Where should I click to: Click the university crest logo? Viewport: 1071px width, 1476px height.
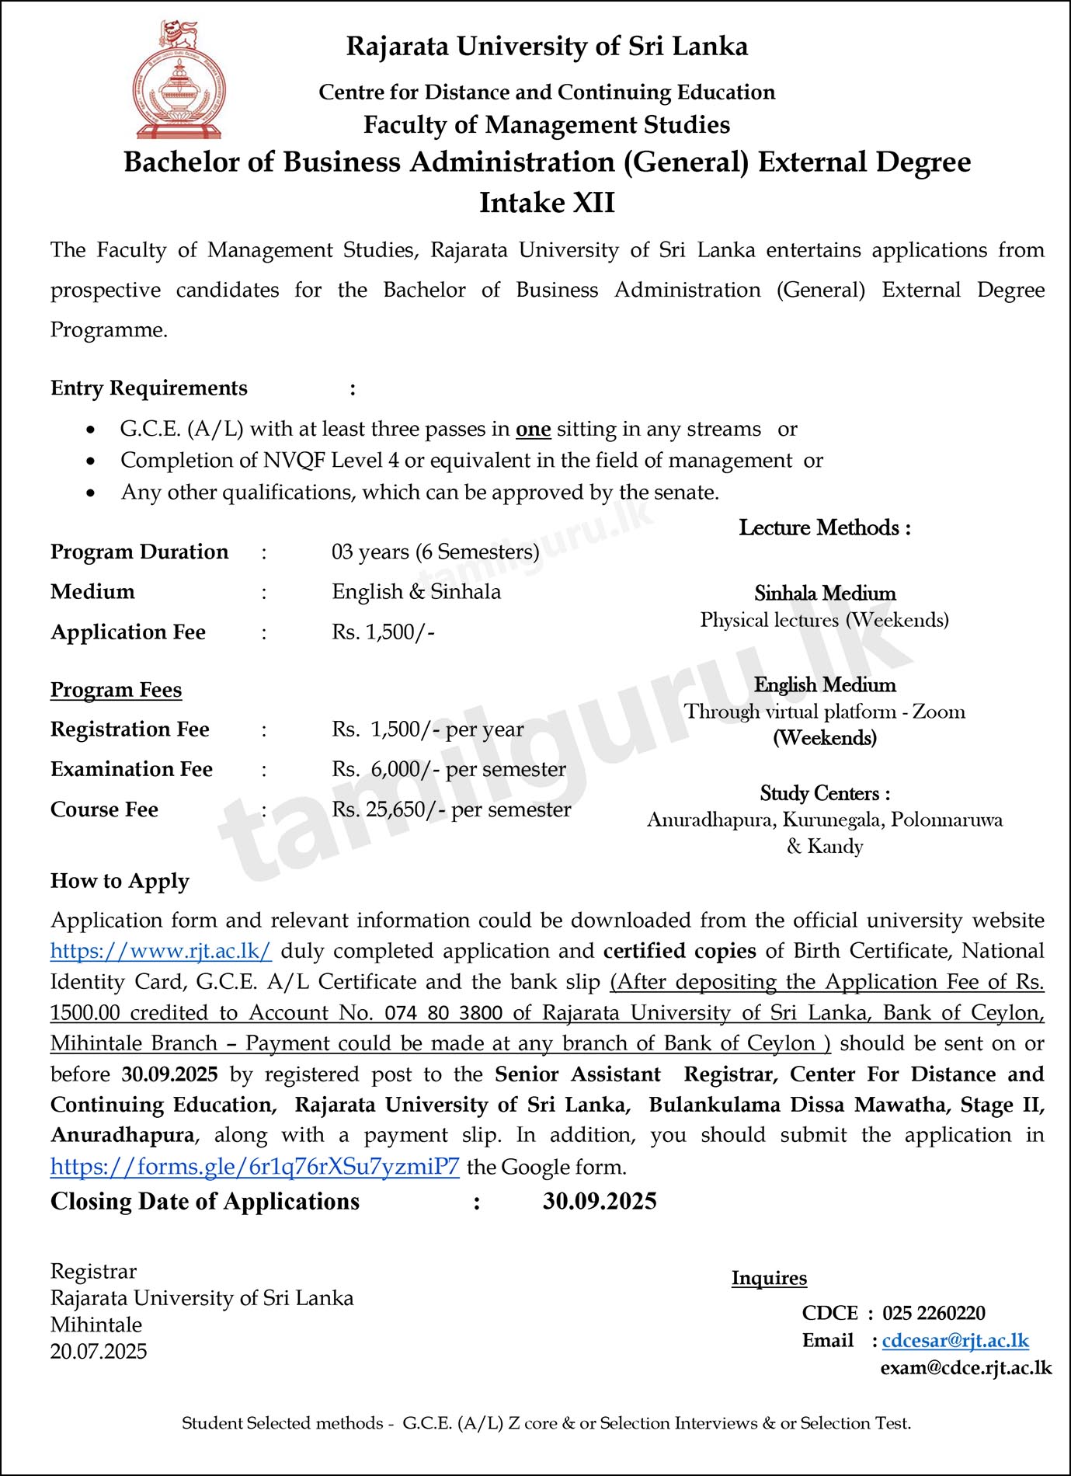pyautogui.click(x=179, y=81)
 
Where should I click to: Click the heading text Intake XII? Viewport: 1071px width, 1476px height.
pyautogui.click(x=547, y=203)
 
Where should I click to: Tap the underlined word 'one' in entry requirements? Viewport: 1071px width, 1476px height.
pyautogui.click(x=533, y=430)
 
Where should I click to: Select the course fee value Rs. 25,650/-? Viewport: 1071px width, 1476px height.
pyautogui.click(x=388, y=809)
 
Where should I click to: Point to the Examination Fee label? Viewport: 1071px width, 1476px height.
pyautogui.click(x=131, y=769)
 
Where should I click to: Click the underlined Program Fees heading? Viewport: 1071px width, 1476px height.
pyautogui.click(x=116, y=690)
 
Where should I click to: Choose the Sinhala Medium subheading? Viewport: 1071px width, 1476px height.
pyautogui.click(x=825, y=594)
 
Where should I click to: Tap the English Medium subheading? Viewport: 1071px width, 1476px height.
pyautogui.click(x=825, y=685)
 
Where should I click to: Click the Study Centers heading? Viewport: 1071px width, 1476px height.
pyautogui.click(x=825, y=794)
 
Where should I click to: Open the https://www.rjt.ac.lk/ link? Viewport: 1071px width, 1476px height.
pyautogui.click(x=161, y=951)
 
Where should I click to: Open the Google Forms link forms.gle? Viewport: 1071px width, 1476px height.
pyautogui.click(x=255, y=1167)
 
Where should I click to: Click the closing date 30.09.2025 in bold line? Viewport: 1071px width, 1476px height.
pyautogui.click(x=600, y=1202)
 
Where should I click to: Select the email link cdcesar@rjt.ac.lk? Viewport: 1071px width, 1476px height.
pyautogui.click(x=955, y=1341)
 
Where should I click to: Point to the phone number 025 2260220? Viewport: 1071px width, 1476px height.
pyautogui.click(x=934, y=1314)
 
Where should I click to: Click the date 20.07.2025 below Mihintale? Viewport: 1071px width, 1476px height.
pyautogui.click(x=99, y=1352)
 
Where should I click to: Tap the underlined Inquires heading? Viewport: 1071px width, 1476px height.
pyautogui.click(x=769, y=1279)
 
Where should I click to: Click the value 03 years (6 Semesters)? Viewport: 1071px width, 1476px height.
pyautogui.click(x=435, y=552)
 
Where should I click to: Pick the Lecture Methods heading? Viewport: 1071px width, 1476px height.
pyautogui.click(x=824, y=528)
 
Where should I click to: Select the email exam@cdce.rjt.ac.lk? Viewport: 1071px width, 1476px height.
pyautogui.click(x=966, y=1368)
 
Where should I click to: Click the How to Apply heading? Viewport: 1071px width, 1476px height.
pyautogui.click(x=120, y=881)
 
